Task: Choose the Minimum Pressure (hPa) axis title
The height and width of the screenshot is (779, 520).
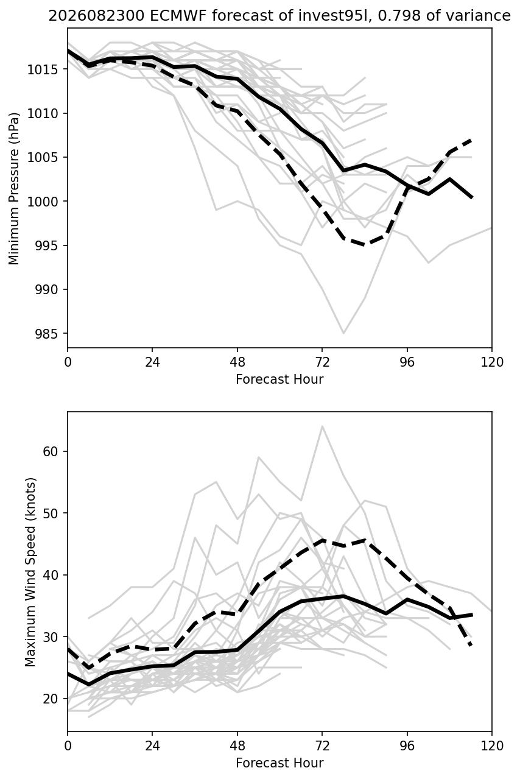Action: click(14, 188)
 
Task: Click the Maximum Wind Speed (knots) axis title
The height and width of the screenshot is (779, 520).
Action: click(30, 573)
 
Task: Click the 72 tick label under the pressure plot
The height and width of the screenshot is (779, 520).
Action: click(322, 362)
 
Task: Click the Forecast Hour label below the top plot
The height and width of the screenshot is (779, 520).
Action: click(279, 379)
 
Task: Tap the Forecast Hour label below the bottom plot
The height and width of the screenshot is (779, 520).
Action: click(279, 763)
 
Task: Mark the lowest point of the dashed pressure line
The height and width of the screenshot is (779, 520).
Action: click(364, 245)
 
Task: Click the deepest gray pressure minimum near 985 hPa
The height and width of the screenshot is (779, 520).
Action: click(344, 333)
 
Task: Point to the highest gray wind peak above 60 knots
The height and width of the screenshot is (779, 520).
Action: click(322, 426)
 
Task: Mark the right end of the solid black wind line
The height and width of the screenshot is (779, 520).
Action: click(472, 615)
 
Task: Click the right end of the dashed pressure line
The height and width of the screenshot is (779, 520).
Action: click(471, 140)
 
